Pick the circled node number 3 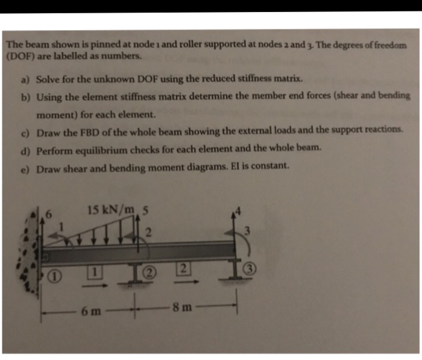tap(248, 269)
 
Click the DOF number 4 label tap(239, 211)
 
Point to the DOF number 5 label tap(145, 210)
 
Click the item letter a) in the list tap(27, 80)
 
